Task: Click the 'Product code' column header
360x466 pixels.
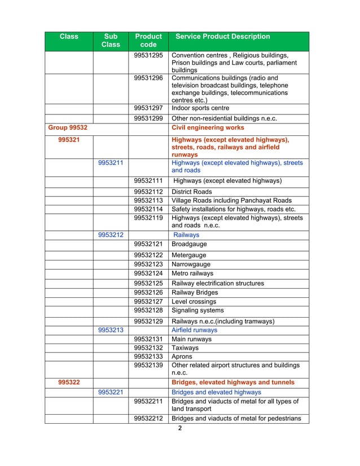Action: [x=148, y=41]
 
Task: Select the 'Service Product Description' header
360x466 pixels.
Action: [x=223, y=37]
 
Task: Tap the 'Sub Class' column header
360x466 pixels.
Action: [x=111, y=41]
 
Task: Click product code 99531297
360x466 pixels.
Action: [x=148, y=108]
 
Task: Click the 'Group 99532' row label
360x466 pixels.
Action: [x=67, y=128]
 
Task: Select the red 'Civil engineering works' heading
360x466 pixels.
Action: [x=208, y=128]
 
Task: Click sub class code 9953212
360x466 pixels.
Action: [x=111, y=235]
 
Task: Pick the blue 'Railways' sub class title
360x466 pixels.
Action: [x=186, y=235]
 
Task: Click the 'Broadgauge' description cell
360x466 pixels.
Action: [x=189, y=244]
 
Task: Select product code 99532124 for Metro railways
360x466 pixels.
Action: [x=148, y=274]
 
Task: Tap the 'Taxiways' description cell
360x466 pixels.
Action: [x=186, y=349]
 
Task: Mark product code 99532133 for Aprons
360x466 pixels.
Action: [x=148, y=357]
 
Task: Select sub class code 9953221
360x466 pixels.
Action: [x=111, y=392]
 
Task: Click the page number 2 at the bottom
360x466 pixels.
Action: [x=180, y=428]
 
